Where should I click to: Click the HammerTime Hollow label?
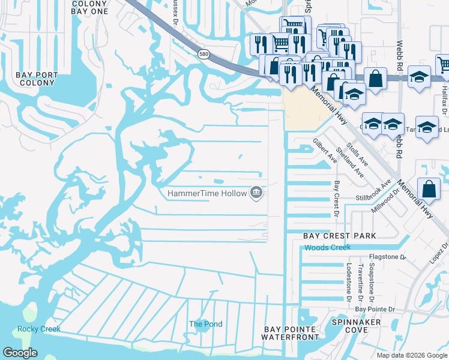[x=208, y=193]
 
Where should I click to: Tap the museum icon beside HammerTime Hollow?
[x=256, y=192]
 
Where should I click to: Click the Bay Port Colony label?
[x=37, y=79]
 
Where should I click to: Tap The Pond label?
[x=206, y=324]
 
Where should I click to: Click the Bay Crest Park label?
[x=339, y=236]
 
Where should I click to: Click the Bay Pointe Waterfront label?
[x=291, y=334]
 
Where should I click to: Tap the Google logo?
[x=20, y=353]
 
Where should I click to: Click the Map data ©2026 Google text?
[x=411, y=355]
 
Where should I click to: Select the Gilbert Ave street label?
[x=325, y=151]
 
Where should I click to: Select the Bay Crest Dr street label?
[x=337, y=199]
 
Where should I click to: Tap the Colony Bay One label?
[x=89, y=7]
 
